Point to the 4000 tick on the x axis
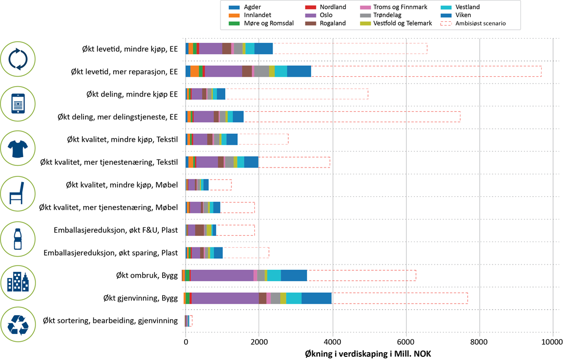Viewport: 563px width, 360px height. point(332,343)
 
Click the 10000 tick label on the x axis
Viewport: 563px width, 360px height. point(552,343)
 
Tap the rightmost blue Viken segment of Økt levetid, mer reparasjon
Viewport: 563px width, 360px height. point(299,71)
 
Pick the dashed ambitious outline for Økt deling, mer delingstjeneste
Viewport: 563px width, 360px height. point(352,116)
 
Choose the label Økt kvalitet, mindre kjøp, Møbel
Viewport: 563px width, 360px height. point(123,185)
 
